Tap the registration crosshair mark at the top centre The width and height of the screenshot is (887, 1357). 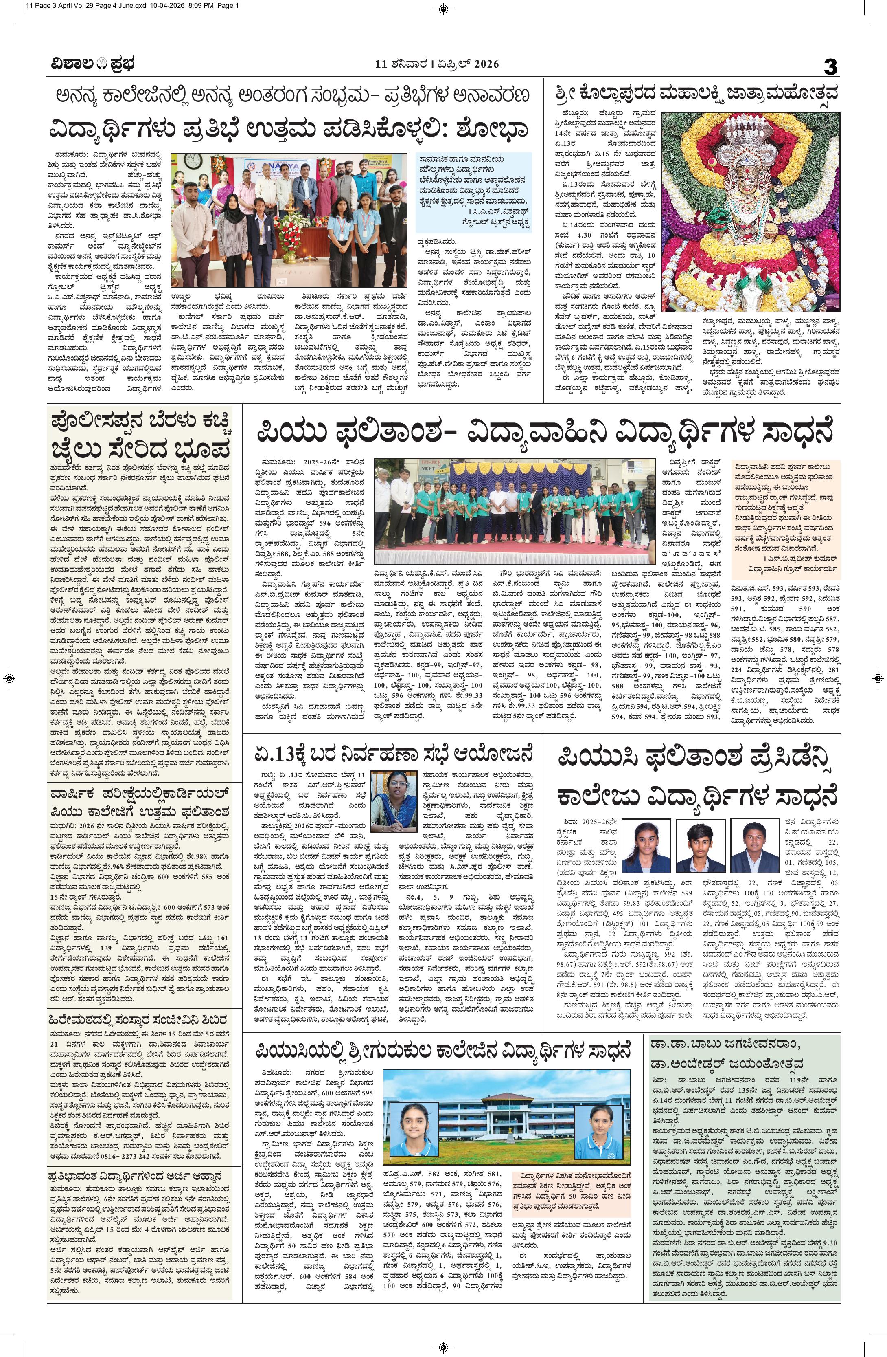443,9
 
